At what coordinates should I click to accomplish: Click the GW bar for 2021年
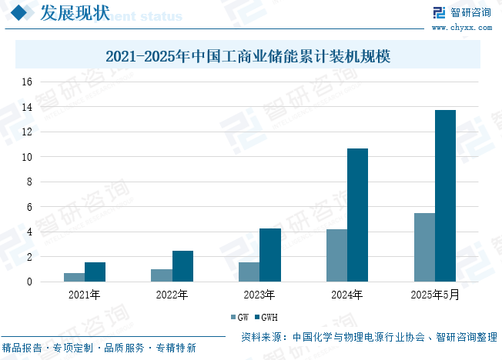[74, 278]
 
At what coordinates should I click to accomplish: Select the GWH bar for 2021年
[95, 272]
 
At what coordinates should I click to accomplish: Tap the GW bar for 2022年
[162, 275]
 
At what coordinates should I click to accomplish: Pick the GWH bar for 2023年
[270, 255]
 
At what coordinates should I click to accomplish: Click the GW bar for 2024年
[336, 255]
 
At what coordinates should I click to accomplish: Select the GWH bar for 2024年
[357, 215]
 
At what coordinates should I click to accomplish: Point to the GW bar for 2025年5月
[424, 248]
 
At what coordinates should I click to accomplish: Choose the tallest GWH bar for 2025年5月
[445, 196]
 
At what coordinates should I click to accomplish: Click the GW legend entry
[239, 317]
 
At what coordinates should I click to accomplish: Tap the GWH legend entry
[266, 317]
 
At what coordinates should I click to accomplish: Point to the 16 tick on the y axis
[27, 82]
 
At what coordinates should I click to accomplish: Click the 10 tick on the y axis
[27, 157]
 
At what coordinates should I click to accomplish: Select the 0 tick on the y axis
[29, 282]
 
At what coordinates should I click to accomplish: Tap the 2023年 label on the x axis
[259, 295]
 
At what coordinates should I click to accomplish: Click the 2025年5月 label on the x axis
[435, 295]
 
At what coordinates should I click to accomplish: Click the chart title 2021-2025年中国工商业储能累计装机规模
[248, 56]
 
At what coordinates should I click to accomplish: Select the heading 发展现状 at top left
[75, 13]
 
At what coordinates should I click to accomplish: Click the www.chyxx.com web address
[462, 28]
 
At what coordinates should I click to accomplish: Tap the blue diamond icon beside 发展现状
[19, 12]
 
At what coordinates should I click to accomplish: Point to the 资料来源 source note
[369, 337]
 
